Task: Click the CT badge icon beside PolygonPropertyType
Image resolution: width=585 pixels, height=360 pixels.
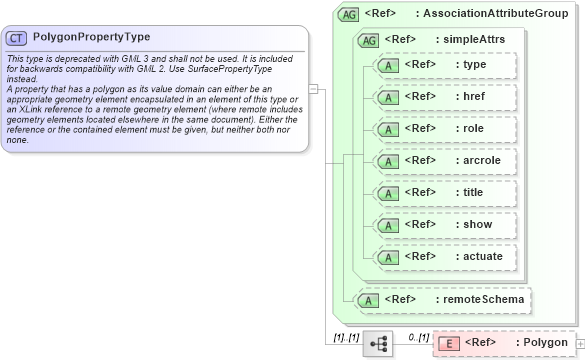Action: tap(16, 37)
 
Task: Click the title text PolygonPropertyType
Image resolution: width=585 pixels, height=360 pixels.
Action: tap(92, 37)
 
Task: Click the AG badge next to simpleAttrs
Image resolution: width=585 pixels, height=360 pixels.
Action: tap(368, 39)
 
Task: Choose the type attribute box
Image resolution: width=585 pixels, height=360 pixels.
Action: tap(444, 65)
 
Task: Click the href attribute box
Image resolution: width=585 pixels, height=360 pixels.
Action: tap(444, 97)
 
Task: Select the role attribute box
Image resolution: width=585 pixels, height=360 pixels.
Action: tap(444, 129)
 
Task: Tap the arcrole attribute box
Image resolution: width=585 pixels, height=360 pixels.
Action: tap(444, 161)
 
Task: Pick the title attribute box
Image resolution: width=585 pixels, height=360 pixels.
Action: tap(444, 193)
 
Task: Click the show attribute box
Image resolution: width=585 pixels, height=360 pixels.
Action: tap(444, 225)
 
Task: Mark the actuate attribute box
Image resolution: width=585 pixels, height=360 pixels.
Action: tap(444, 257)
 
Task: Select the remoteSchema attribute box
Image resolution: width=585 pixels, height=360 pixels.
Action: tap(444, 299)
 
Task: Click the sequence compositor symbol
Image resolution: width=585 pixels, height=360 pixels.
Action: tap(379, 343)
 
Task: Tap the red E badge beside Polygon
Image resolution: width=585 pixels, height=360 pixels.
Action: tap(449, 343)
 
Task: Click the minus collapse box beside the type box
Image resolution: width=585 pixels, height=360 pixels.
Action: tap(313, 88)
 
